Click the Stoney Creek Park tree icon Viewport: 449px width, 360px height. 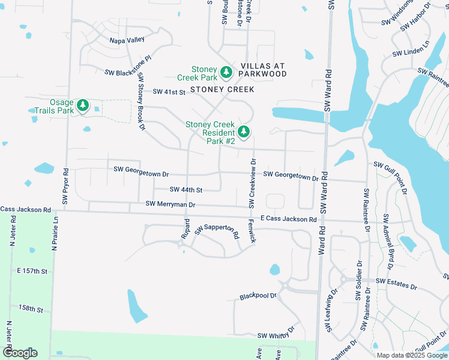(x=226, y=73)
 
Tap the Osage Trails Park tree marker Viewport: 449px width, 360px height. (x=82, y=106)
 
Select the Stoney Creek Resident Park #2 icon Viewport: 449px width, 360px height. (x=243, y=131)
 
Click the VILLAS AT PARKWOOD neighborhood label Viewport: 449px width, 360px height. (x=263, y=70)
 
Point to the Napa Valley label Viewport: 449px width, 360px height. (x=127, y=40)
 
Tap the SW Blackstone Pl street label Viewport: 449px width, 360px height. (x=128, y=72)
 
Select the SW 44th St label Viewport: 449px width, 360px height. (x=186, y=190)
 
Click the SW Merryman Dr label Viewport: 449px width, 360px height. (x=170, y=205)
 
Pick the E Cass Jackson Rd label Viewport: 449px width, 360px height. (x=288, y=220)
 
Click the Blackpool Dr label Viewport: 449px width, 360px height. (x=258, y=296)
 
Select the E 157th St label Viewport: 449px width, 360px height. (x=32, y=271)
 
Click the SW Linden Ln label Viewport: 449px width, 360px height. (x=412, y=49)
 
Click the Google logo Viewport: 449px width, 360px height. (x=20, y=353)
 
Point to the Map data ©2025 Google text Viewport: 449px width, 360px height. (x=411, y=355)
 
